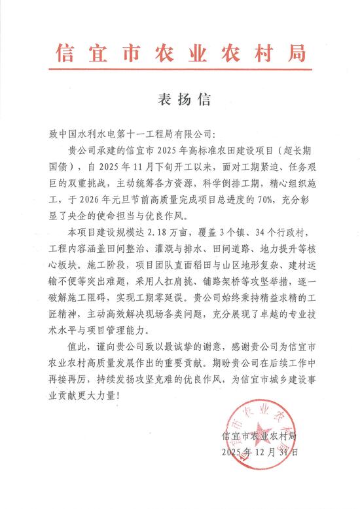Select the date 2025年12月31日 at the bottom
click(x=260, y=452)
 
